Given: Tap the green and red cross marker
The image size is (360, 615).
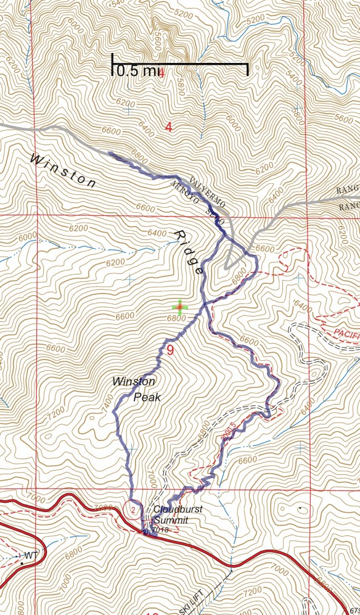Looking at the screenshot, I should pos(179,307).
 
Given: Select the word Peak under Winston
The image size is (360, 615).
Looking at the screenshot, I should pos(148,397).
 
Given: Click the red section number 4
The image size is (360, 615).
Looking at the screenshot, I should pos(168,127).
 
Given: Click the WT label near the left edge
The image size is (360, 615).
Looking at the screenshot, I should pos(31,556).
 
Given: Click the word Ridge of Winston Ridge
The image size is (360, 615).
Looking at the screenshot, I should pos(189,252).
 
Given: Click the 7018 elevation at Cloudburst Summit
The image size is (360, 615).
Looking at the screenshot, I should pos(158,530).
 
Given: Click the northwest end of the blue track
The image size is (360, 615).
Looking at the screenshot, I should pos(109,153).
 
